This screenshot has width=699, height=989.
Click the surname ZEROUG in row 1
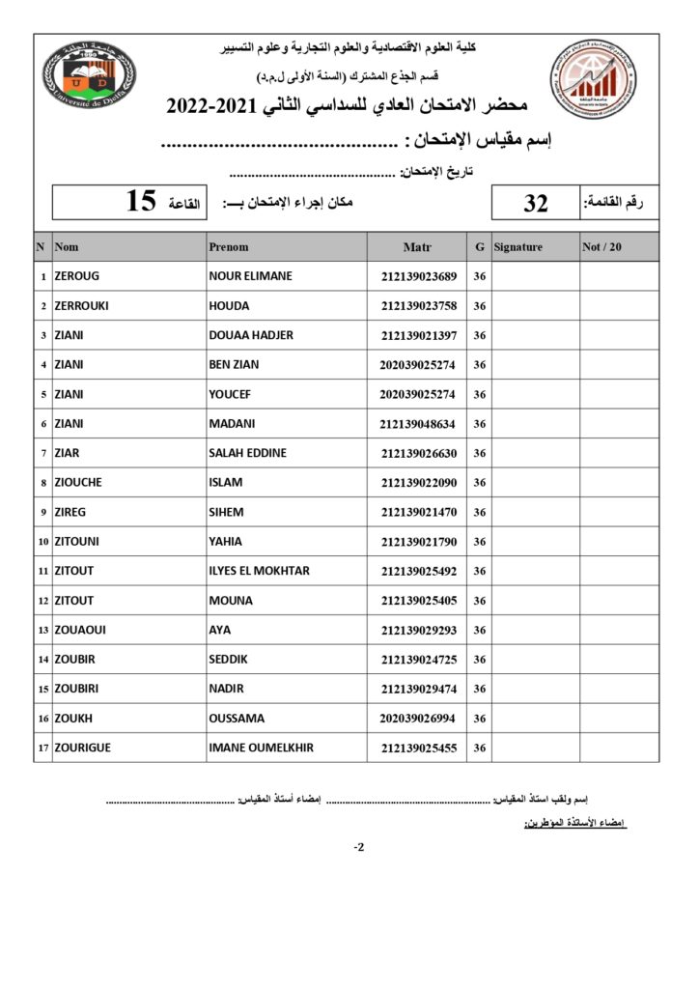77,276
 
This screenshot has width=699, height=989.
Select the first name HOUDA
229,306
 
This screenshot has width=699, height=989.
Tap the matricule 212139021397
418,335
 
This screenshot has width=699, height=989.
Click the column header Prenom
229,247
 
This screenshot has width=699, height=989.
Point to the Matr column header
417,247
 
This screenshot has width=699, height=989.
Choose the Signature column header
518,247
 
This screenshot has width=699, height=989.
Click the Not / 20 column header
602,247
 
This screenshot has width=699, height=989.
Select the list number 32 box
536,204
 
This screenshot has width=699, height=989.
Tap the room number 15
141,202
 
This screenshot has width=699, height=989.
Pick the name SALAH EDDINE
247,453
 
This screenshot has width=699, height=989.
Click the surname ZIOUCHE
81,483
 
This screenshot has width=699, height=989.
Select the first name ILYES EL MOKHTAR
259,571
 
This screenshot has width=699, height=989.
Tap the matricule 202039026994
418,719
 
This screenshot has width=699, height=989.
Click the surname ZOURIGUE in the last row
86,748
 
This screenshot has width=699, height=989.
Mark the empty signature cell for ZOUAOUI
535,630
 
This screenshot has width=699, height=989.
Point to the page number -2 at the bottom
359,848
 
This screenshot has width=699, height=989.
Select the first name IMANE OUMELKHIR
261,748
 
